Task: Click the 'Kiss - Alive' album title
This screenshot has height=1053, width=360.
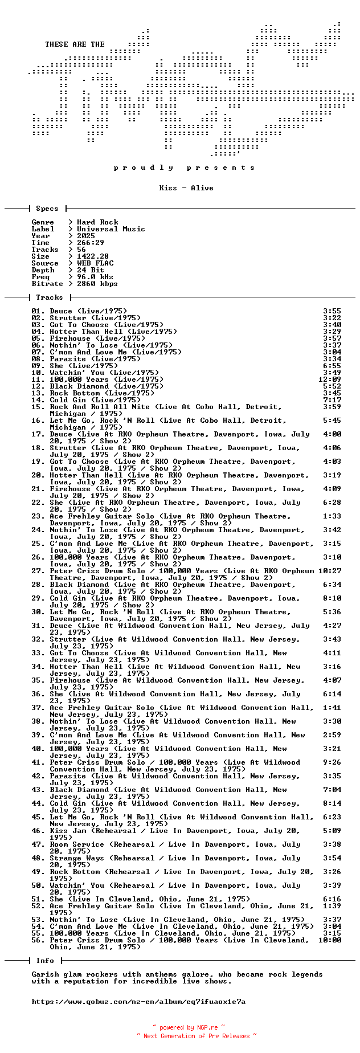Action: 186,188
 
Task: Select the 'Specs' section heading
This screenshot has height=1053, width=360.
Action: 47,209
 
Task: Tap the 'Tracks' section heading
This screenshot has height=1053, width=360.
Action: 49,297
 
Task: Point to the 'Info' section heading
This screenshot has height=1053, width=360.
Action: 45,961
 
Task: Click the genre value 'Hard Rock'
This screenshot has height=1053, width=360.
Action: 97,222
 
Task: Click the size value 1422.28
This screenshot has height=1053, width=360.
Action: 92,256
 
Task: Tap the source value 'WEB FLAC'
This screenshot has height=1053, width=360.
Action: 95,263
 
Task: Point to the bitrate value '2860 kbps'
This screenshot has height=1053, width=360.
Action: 97,284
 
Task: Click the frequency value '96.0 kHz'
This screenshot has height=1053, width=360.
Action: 95,277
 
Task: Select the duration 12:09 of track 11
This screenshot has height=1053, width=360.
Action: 330,379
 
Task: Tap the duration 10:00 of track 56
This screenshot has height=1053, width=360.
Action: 330,940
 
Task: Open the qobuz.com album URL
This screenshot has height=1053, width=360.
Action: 138,1002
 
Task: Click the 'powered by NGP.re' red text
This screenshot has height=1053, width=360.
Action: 189,1028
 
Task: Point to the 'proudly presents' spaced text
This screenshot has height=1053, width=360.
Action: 184,168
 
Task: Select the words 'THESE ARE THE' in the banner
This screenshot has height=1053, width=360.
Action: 75,44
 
